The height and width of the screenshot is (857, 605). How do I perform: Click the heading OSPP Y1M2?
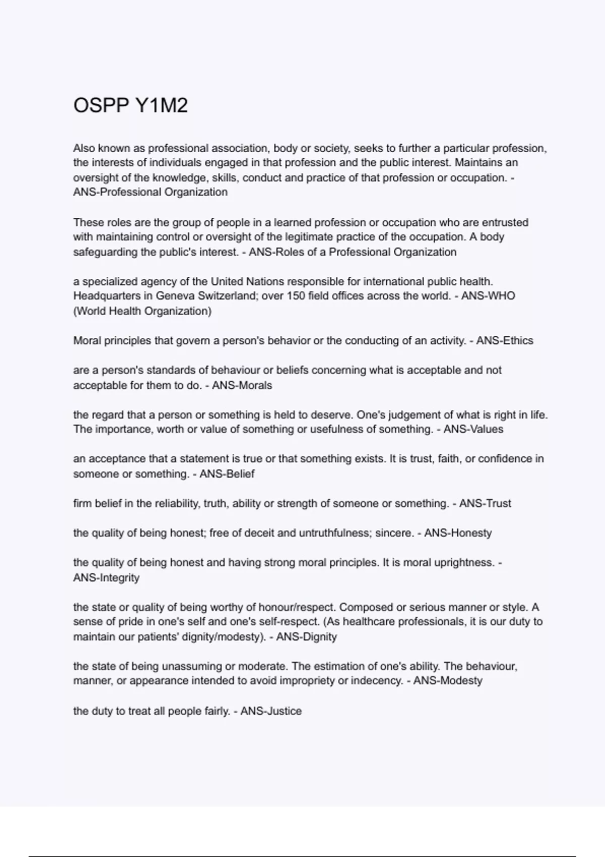[131, 105]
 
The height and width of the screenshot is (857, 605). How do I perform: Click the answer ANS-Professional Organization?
[150, 192]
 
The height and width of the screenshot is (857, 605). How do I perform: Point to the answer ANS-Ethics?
[504, 341]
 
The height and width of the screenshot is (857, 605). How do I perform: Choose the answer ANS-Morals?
[241, 385]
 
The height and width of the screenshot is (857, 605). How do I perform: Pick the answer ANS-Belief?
[227, 474]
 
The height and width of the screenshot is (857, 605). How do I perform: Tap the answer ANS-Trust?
[485, 504]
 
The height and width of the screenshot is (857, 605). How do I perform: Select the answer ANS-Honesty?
[458, 533]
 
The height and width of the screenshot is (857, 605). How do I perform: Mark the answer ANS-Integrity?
[106, 578]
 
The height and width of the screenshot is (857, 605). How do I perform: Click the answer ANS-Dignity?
[307, 637]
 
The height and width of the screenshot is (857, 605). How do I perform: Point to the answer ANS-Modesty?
[448, 681]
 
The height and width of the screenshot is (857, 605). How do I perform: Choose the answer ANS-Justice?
[271, 711]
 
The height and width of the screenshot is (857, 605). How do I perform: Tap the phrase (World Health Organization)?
[142, 311]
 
